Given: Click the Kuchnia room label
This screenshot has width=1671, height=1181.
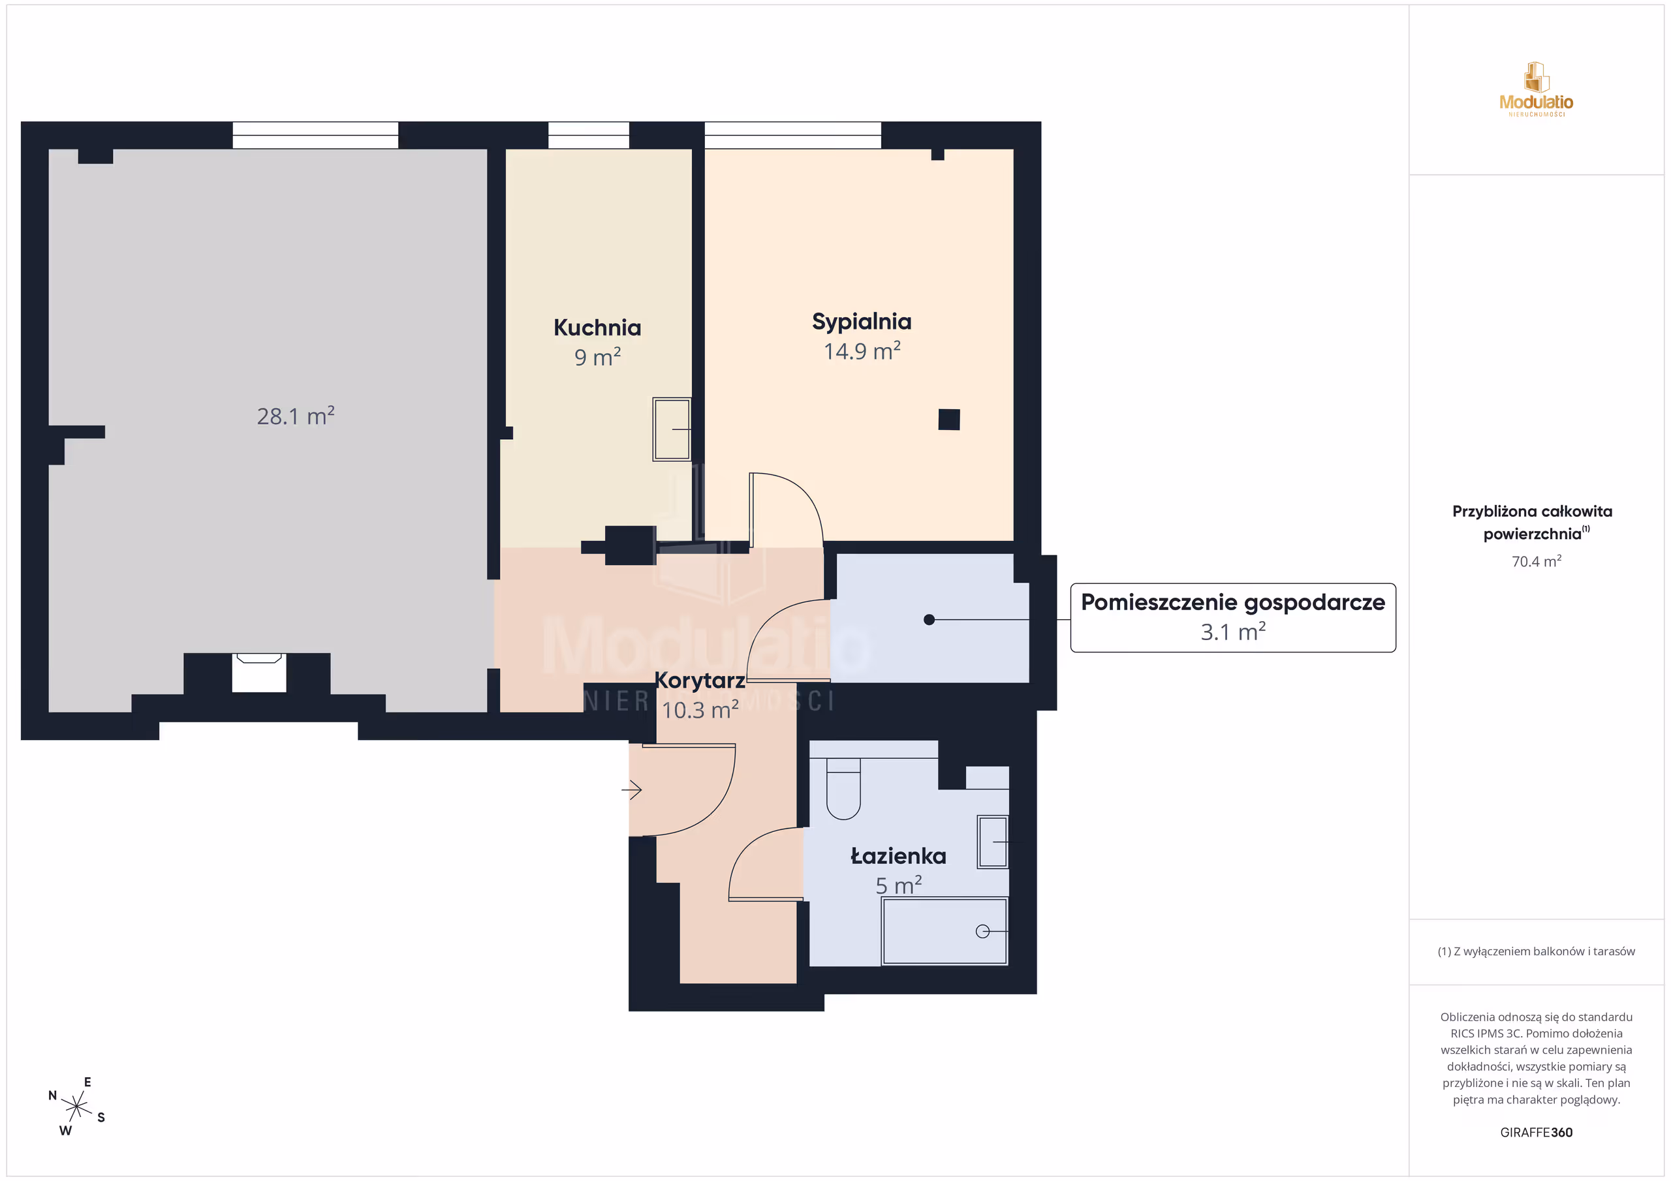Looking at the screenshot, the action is coord(597,328).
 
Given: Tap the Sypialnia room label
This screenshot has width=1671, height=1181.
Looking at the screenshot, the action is coord(862,322).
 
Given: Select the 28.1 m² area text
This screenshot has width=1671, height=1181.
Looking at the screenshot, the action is coord(296,416).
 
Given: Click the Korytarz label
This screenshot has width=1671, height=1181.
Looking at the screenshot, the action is coord(699,681).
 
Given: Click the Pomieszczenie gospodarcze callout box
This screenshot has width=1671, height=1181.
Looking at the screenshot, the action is coord(1233,618).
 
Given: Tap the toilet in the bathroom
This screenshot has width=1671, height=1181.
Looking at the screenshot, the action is coord(843,789).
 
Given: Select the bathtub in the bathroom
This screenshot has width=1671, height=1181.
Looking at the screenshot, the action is coord(945,931).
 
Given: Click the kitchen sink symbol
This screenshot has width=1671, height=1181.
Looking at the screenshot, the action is coord(671,429).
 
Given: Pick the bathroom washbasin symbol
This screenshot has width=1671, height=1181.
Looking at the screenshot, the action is coord(993,842).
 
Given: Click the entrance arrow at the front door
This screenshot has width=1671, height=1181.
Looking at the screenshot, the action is coord(632,790).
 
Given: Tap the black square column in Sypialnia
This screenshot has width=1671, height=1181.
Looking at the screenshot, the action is coord(949,420).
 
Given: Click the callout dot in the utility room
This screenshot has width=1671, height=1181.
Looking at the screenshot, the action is coord(929,620).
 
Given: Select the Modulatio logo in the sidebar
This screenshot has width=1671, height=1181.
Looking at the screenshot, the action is coord(1537,89).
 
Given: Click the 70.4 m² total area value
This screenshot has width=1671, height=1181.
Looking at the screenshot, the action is coord(1537,561).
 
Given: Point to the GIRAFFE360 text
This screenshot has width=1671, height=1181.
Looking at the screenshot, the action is coord(1537,1132).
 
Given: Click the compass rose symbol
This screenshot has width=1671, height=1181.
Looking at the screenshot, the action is coord(76,1107).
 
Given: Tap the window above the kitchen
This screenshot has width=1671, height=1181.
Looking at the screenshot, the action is coord(588,135).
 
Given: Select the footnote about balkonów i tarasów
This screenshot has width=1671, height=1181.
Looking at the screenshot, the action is coord(1537,952).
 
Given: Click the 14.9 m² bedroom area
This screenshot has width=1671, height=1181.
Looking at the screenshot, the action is coord(862,352).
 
